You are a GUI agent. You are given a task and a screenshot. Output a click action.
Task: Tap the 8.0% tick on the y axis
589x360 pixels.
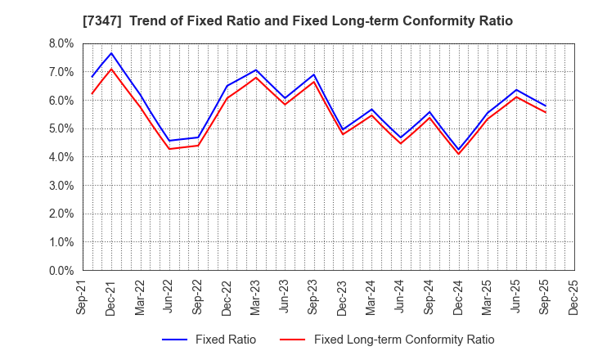pyautogui.click(x=61, y=43)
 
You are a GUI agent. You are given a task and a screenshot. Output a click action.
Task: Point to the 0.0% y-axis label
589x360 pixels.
pyautogui.click(x=61, y=271)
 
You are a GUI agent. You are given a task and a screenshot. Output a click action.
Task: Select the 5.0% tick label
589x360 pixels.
pyautogui.click(x=61, y=128)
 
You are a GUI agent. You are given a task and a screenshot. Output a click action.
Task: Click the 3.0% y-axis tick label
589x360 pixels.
pyautogui.click(x=61, y=186)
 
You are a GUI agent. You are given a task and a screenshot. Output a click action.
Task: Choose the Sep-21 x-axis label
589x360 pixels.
pyautogui.click(x=83, y=298)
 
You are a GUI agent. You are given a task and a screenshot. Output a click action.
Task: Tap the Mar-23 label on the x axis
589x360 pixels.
pyautogui.click(x=256, y=298)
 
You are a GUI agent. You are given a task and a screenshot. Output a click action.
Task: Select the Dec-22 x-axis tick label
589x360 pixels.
pyautogui.click(x=227, y=298)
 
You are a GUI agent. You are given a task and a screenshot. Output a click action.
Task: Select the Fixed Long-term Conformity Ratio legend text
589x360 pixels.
pyautogui.click(x=404, y=340)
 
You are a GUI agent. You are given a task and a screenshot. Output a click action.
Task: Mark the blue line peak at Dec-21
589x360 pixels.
pyautogui.click(x=111, y=53)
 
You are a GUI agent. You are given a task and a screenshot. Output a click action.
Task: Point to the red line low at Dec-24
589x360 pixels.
pyautogui.click(x=459, y=154)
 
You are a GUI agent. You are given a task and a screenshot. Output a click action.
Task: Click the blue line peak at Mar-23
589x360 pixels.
pyautogui.click(x=256, y=70)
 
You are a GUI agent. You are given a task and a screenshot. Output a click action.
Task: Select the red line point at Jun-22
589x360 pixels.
pyautogui.click(x=169, y=148)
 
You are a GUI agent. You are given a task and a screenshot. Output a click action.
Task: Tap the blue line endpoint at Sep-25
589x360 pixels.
pyautogui.click(x=546, y=106)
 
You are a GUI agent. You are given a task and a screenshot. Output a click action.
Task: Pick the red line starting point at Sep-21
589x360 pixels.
pyautogui.click(x=92, y=93)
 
